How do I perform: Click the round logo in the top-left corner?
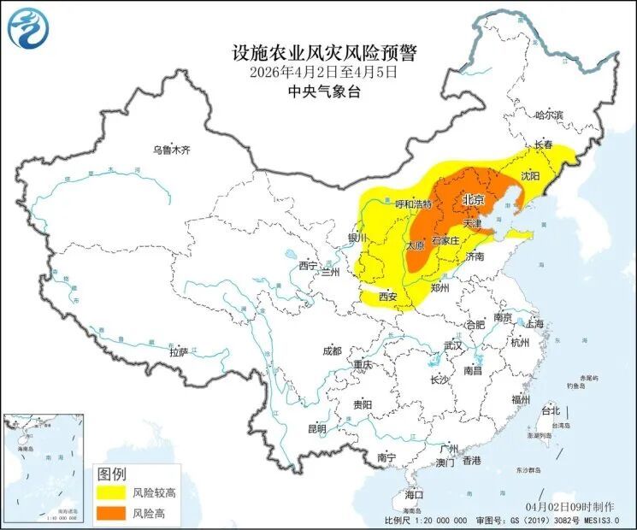[28, 27]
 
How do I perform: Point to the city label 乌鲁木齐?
[171, 150]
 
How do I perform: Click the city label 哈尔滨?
[549, 115]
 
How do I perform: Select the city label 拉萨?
[178, 351]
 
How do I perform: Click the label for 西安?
[387, 297]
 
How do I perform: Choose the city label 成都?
[332, 350]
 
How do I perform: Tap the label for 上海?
[535, 324]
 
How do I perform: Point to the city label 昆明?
[316, 429]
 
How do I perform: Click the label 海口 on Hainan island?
[414, 495]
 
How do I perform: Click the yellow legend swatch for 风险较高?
[110, 493]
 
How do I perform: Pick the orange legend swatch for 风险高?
[110, 513]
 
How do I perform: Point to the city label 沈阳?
[530, 175]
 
